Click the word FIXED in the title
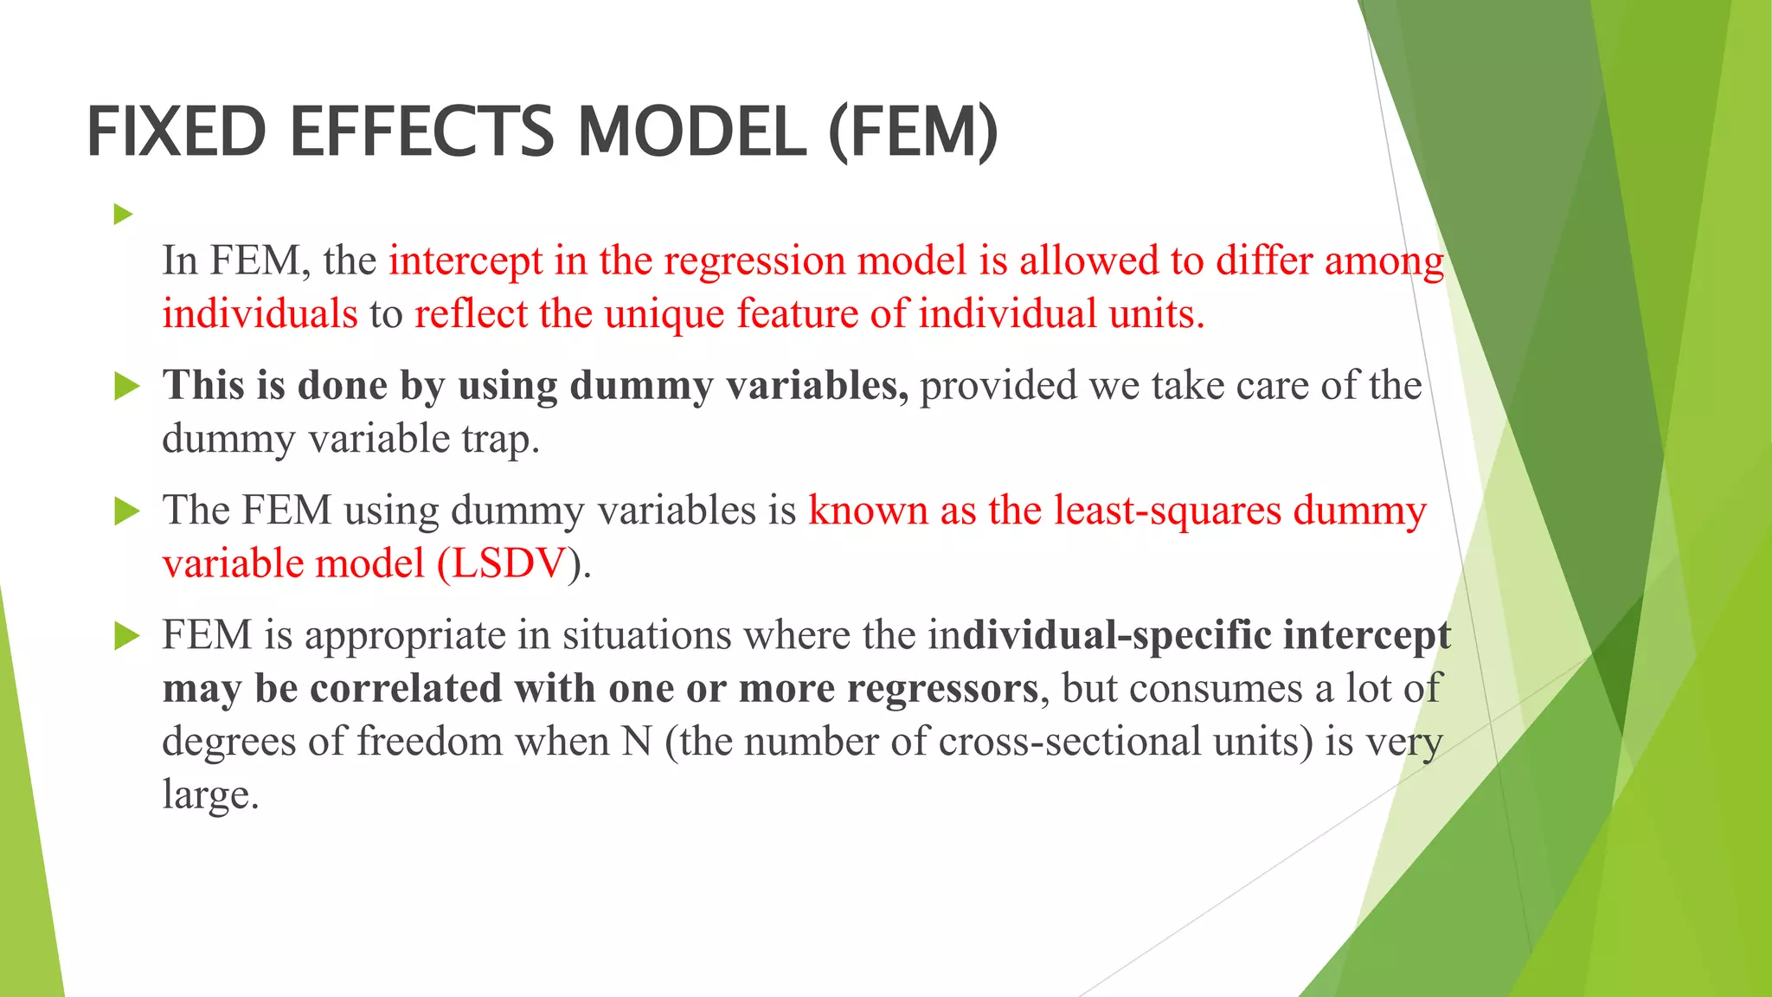pos(177,132)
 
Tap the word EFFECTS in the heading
pos(421,132)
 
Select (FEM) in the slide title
pos(913,132)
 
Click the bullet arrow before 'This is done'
pos(126,386)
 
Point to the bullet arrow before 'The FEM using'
pos(126,511)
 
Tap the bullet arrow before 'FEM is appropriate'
pos(126,636)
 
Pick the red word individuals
pos(260,314)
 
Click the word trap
pos(500,440)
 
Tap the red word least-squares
pos(1167,511)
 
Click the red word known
pos(868,511)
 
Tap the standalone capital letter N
pos(637,743)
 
